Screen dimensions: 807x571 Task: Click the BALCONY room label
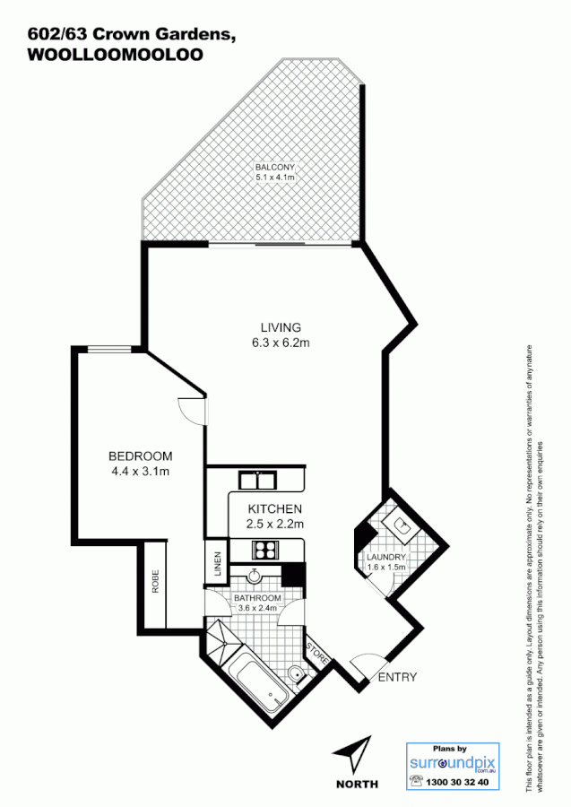tap(274, 168)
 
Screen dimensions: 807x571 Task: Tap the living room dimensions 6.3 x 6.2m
tap(281, 343)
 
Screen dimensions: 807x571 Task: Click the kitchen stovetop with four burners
tap(264, 550)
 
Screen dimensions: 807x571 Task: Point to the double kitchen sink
tap(256, 480)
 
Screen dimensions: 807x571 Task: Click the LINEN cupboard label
tap(216, 564)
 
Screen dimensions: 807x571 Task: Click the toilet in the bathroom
tap(296, 673)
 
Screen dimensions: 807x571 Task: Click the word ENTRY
tap(396, 677)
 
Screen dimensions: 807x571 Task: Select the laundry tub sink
tap(399, 526)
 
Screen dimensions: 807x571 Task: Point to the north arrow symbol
tap(357, 753)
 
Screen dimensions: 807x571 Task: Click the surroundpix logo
tap(452, 763)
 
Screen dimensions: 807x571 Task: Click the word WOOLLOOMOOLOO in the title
tap(116, 54)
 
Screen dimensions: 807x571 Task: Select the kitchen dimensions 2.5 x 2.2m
tap(276, 525)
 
